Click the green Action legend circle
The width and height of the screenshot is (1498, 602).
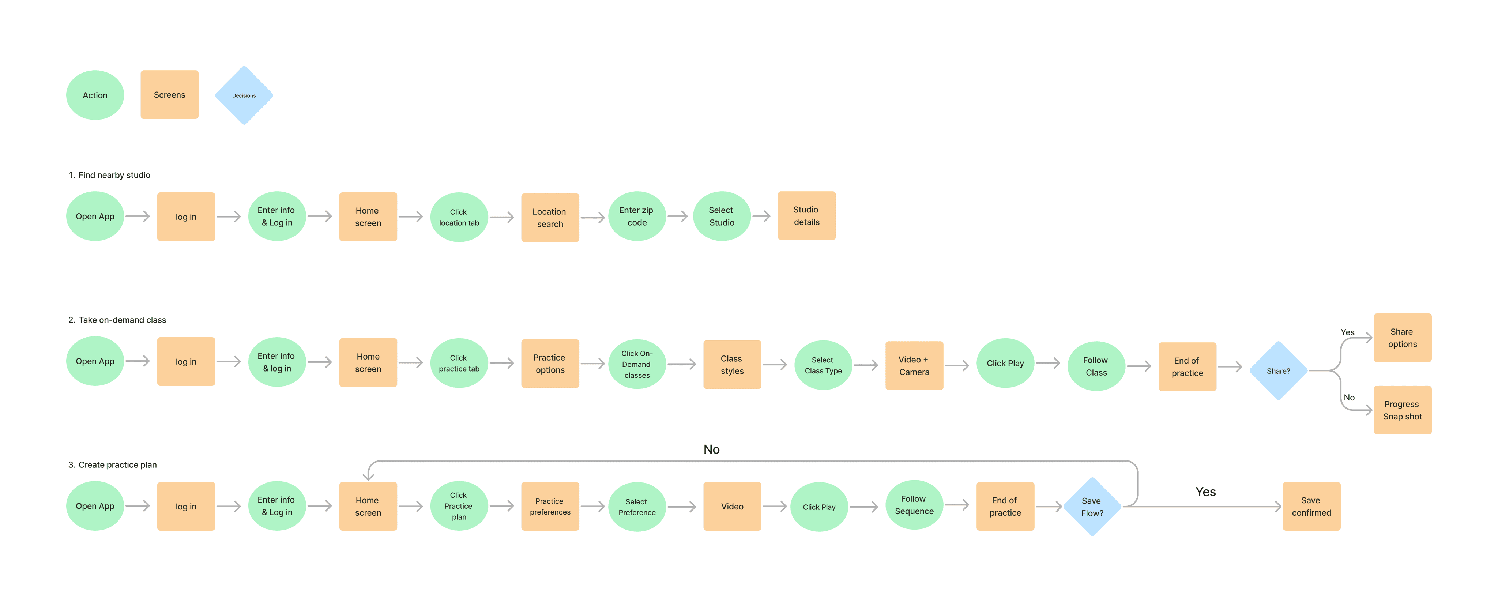pos(95,95)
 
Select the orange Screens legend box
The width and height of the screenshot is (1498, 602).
pos(169,95)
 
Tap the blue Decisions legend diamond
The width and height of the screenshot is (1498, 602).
pos(244,95)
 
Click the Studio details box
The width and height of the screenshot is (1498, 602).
pos(806,216)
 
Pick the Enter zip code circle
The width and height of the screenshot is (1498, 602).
pos(636,217)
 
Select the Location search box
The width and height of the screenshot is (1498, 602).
pos(550,218)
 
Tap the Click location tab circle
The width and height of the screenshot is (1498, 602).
pos(459,217)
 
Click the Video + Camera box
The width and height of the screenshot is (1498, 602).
pos(914,366)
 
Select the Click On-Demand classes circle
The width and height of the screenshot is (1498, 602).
pos(637,365)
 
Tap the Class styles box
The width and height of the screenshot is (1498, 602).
pos(731,365)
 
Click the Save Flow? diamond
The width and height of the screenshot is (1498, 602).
pos(1092,507)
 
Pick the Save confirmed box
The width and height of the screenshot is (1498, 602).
pos(1311,506)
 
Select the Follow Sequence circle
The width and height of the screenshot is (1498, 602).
pos(914,505)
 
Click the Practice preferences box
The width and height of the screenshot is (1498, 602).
pos(550,506)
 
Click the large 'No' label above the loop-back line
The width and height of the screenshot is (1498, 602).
pos(711,449)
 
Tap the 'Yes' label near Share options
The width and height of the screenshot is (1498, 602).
pos(1347,332)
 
